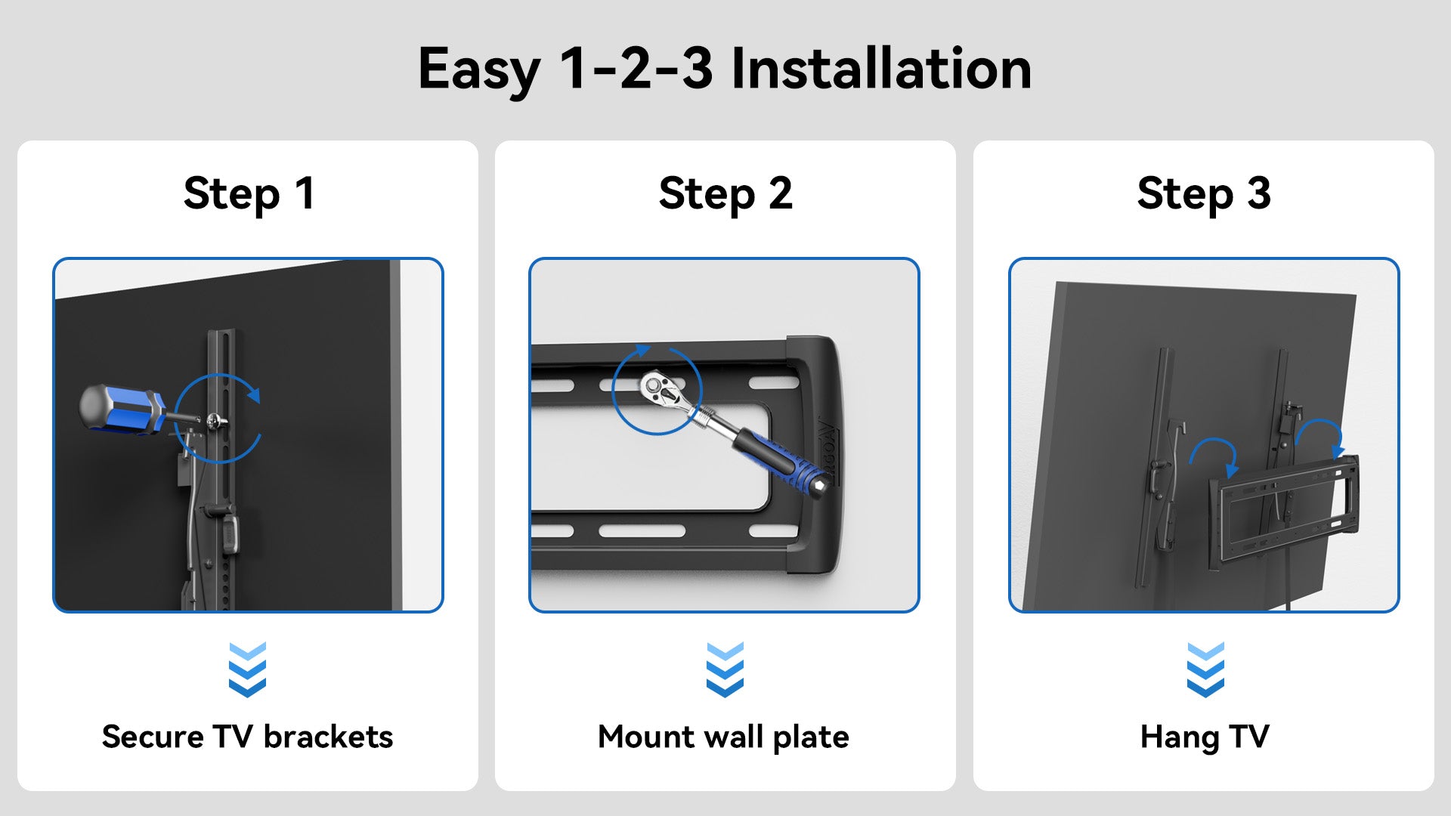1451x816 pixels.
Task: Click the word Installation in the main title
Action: (881, 68)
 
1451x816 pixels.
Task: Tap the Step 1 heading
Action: (249, 194)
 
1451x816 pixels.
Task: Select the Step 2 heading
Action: (725, 194)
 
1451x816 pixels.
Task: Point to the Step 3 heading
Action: (1204, 194)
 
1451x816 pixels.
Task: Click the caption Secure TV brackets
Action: (248, 737)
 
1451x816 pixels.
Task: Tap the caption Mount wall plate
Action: (724, 737)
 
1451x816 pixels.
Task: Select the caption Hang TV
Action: (1205, 737)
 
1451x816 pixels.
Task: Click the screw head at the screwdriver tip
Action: (215, 420)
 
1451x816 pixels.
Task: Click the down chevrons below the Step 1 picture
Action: (247, 670)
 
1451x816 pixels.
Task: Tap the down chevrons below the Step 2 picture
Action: (725, 670)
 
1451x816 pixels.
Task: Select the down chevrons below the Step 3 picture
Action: (1205, 670)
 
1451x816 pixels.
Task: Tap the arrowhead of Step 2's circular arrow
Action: (642, 351)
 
